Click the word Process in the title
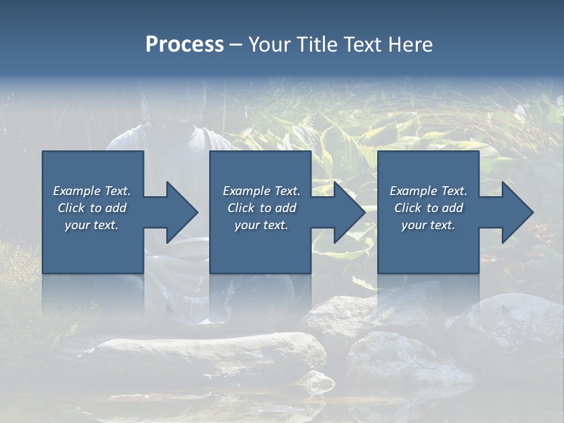(x=184, y=45)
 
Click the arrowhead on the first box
(x=180, y=212)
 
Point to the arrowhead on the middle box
(x=348, y=212)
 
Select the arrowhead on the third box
(x=516, y=212)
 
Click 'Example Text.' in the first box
(x=92, y=191)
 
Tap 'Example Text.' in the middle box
(x=261, y=191)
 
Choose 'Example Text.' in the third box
(x=428, y=191)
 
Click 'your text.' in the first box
(x=92, y=225)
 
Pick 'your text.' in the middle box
(x=261, y=225)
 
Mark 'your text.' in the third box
(x=428, y=225)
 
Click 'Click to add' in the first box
(x=92, y=208)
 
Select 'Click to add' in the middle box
(x=261, y=208)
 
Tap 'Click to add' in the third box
(x=428, y=208)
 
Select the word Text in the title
(x=361, y=45)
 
